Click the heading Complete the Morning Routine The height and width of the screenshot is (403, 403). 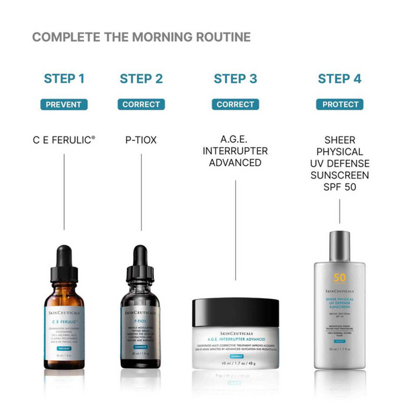(141, 37)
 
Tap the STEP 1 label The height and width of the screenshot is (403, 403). (64, 79)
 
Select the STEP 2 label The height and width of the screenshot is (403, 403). (141, 79)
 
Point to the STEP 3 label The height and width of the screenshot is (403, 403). (235, 79)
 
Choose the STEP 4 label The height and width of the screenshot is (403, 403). (339, 79)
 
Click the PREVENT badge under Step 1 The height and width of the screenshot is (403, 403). (64, 104)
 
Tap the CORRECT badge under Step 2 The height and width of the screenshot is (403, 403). (141, 104)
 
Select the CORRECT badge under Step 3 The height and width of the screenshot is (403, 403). (235, 104)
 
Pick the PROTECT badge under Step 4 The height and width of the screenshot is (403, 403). (339, 104)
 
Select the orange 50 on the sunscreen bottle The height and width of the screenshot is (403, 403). (339, 278)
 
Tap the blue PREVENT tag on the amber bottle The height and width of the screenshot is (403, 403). (64, 349)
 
